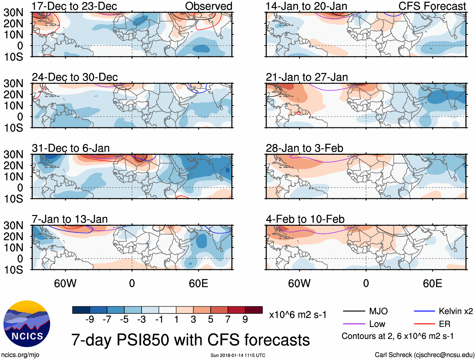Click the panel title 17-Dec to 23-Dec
[74, 6]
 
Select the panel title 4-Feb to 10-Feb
[305, 219]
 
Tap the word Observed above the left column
[208, 6]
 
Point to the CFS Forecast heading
[432, 6]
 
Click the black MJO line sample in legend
[354, 311]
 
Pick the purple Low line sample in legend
[354, 324]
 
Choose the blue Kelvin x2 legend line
[424, 311]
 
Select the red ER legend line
[424, 324]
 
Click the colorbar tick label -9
[90, 320]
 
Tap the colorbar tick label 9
[245, 320]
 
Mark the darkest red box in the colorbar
[254, 310]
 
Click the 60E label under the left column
[198, 283]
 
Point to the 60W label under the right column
[299, 283]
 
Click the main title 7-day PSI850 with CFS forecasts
[190, 340]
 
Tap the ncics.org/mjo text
[20, 355]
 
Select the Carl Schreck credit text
[424, 355]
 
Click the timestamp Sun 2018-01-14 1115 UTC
[238, 355]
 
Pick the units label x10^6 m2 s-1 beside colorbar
[298, 315]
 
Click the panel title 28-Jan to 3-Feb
[305, 148]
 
